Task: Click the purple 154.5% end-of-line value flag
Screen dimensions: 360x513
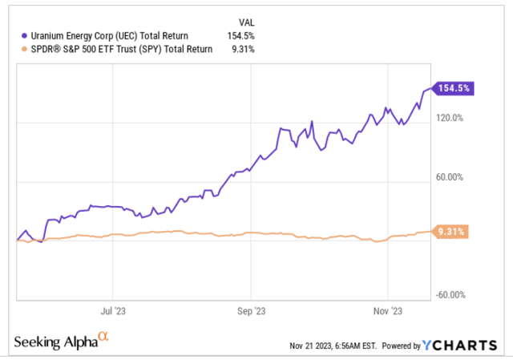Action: pos(453,89)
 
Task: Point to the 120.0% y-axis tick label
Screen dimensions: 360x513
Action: pos(449,118)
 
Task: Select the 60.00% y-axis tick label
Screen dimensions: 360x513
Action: pos(449,177)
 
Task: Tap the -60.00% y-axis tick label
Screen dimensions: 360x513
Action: pos(449,294)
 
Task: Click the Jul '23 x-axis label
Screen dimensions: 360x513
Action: pos(113,308)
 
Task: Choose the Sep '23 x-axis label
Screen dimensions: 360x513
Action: pos(251,308)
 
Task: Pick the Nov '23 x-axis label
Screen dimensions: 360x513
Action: pos(387,308)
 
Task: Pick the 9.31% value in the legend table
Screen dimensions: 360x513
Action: pos(244,49)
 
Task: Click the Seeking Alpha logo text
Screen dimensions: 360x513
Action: pos(55,342)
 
